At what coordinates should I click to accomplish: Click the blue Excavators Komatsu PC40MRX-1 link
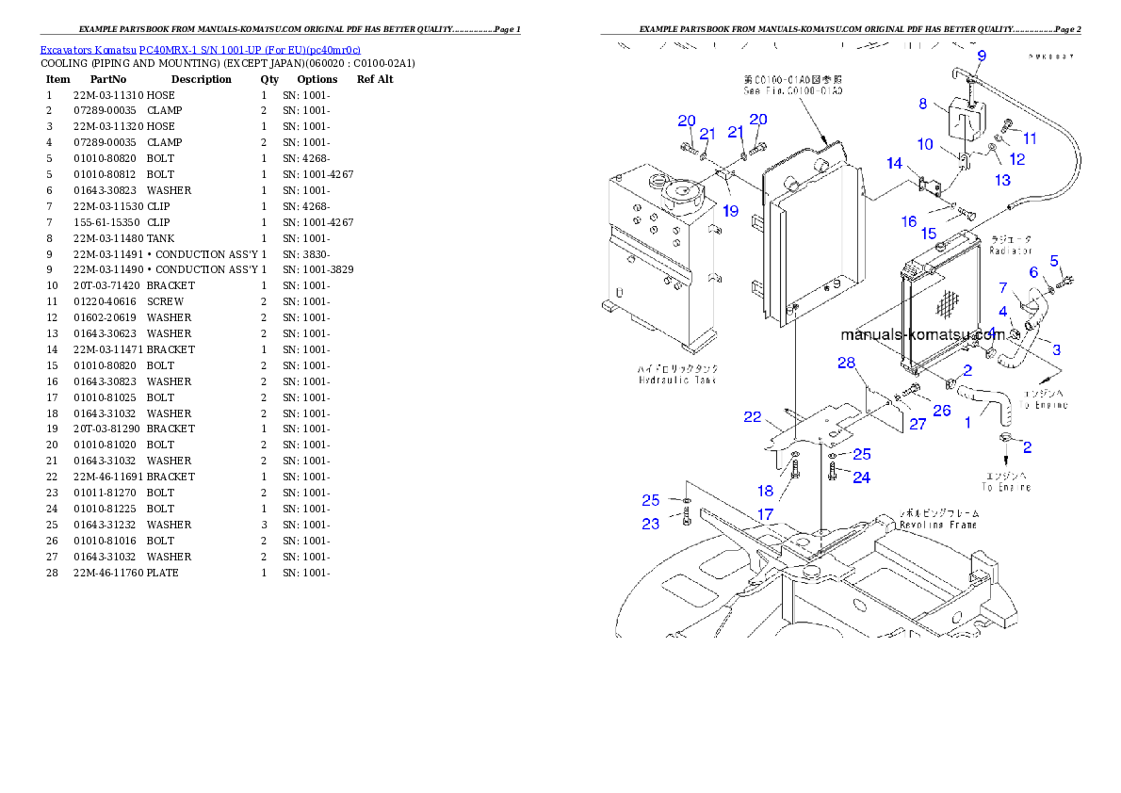200,50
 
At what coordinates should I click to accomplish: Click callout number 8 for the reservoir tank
923,105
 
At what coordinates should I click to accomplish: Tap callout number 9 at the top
981,57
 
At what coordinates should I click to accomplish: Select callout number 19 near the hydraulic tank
731,211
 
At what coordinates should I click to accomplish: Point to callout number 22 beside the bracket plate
752,417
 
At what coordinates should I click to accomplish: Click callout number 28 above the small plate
846,364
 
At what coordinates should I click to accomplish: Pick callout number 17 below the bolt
766,514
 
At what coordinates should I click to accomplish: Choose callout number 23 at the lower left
651,524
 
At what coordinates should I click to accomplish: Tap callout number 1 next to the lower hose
967,423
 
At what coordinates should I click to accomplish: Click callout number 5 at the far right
1054,261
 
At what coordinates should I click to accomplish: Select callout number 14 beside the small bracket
894,164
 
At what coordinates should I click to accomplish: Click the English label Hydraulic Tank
676,380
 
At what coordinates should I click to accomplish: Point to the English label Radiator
1012,251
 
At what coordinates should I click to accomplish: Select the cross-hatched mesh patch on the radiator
945,303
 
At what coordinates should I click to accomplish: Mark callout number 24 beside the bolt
861,477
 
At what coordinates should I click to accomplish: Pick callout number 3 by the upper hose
1056,349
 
